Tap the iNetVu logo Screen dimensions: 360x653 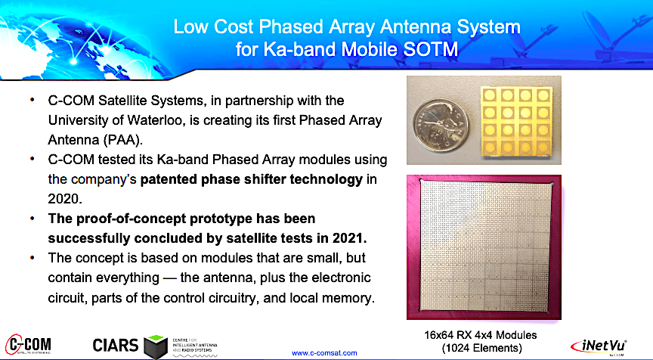[610, 345]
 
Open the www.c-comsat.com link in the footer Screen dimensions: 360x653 [324, 352]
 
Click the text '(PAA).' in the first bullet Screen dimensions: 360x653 [120, 139]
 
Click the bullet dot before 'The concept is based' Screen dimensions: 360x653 [32, 258]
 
